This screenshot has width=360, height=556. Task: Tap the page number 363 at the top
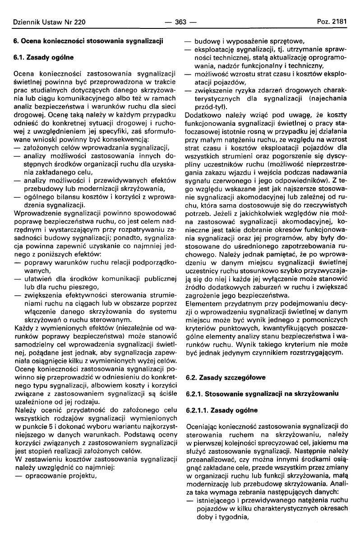pyautogui.click(x=180, y=22)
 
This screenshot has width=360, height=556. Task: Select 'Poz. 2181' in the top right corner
pyautogui.click(x=331, y=22)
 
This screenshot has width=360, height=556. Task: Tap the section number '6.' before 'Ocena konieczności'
pyautogui.click(x=16, y=41)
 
